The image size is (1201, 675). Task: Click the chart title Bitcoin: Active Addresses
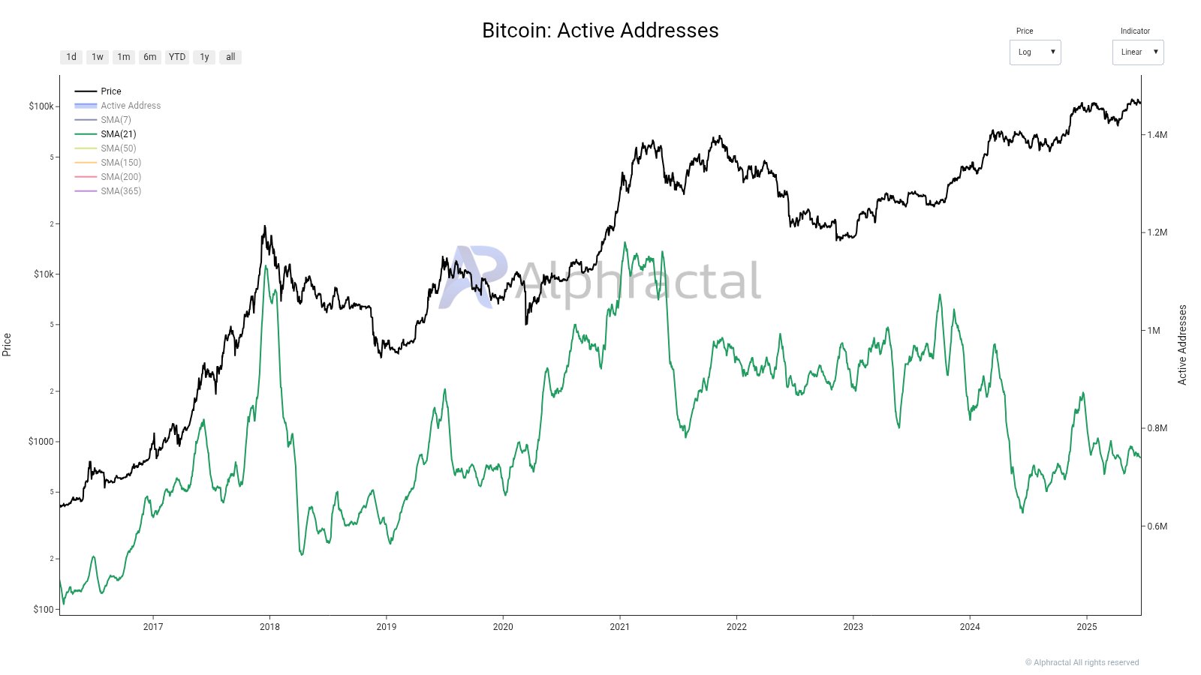(x=600, y=30)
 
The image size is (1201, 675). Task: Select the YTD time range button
(x=177, y=57)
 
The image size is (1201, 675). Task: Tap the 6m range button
(x=150, y=57)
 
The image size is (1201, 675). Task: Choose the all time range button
(x=230, y=57)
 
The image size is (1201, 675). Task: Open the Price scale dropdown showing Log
(x=1034, y=52)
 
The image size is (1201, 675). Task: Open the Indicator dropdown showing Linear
(x=1137, y=52)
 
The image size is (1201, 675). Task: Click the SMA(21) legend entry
(x=118, y=134)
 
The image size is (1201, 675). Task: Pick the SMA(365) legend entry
(x=120, y=191)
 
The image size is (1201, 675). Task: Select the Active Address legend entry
(x=130, y=106)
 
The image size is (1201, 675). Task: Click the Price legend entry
(x=110, y=91)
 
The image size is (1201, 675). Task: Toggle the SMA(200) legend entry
(x=120, y=177)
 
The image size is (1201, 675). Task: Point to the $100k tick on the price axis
(x=41, y=106)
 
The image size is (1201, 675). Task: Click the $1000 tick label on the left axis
(x=41, y=442)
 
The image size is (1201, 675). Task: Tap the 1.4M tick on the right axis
(x=1157, y=135)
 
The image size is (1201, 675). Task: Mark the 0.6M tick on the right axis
(x=1157, y=526)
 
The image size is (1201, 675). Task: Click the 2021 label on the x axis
(x=619, y=627)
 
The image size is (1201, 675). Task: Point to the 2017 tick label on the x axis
(x=153, y=627)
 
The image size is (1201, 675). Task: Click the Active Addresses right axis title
(x=1182, y=345)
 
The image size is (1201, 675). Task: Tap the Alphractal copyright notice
(x=1082, y=663)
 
